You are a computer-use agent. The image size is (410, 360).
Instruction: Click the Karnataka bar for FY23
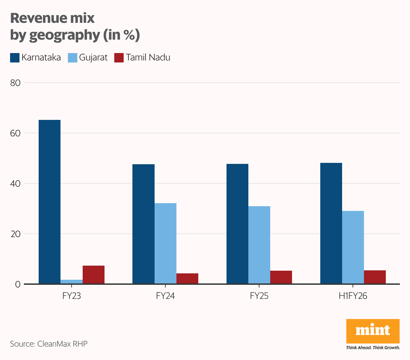pos(50,201)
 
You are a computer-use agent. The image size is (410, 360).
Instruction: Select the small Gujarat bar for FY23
pos(72,282)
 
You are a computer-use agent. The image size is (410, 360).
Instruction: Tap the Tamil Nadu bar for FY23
pos(93,275)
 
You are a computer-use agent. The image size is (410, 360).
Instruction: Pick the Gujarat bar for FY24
pos(165,243)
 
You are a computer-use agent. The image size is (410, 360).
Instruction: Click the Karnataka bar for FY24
pos(143,224)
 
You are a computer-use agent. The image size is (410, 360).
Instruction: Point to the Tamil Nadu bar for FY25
pos(281,277)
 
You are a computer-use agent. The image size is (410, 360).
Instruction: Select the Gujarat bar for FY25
pos(259,245)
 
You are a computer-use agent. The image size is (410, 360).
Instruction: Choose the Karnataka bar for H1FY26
pos(331,223)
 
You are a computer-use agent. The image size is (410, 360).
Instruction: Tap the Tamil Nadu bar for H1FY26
pos(375,277)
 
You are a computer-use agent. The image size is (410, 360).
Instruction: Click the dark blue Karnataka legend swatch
pos(15,58)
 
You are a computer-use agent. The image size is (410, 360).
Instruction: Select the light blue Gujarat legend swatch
pos(73,58)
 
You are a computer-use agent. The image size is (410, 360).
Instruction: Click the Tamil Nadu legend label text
pos(148,57)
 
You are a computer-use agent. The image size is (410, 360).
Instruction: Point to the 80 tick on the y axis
pos(15,83)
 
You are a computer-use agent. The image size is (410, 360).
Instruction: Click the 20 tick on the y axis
pos(15,234)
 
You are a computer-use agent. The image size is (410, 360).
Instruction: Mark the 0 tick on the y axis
pos(17,284)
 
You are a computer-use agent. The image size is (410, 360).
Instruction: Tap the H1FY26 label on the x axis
pos(353,296)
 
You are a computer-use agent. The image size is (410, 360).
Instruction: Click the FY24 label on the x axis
pos(165,296)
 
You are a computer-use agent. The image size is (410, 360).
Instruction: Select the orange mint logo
pos(373,331)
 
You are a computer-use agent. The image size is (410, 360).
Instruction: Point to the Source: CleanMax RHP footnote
pos(49,344)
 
